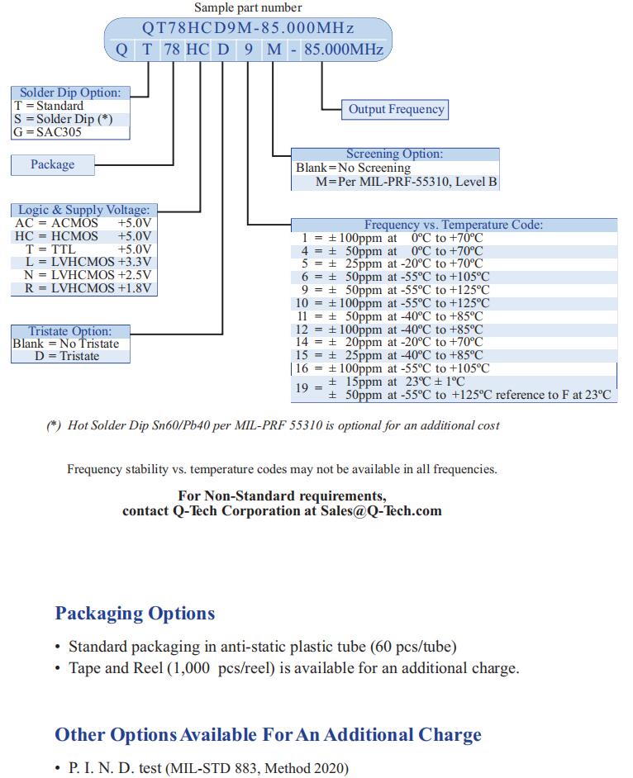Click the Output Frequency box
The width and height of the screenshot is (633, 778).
(396, 109)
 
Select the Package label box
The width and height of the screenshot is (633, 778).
(52, 164)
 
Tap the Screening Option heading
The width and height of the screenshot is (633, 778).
(394, 154)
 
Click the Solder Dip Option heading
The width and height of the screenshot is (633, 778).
(70, 93)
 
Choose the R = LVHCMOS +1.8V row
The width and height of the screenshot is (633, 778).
(83, 288)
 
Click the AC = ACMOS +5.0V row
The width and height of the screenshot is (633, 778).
(83, 223)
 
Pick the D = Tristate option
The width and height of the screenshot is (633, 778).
(67, 357)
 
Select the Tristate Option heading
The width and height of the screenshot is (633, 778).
(70, 331)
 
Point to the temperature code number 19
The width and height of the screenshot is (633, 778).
(302, 388)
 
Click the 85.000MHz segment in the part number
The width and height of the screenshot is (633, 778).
(344, 50)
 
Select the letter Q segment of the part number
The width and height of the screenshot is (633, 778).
(121, 50)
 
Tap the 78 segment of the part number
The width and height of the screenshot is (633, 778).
(172, 50)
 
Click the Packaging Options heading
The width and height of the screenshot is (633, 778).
(135, 614)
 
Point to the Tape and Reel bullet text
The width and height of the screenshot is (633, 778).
(293, 668)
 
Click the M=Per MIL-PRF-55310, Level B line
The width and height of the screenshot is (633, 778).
(406, 181)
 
